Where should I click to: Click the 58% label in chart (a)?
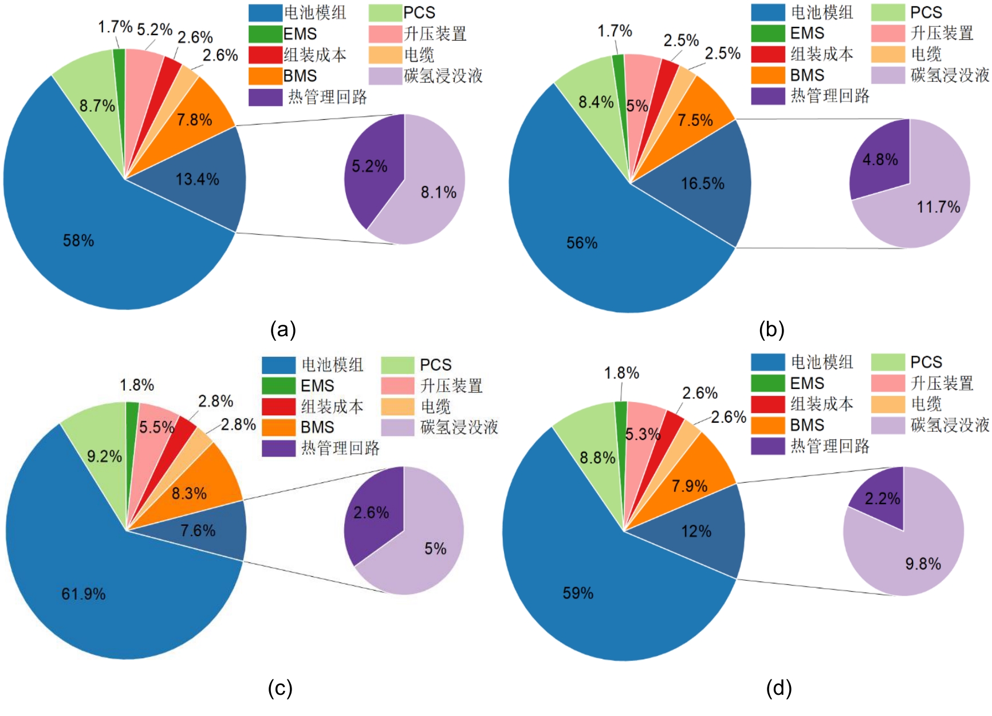click(78, 241)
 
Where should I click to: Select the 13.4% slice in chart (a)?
click(198, 179)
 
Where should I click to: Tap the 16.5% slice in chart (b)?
click(703, 183)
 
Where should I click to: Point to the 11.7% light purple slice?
click(938, 207)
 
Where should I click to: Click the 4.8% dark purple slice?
click(880, 160)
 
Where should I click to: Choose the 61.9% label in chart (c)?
click(84, 594)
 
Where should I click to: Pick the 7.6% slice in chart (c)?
click(198, 530)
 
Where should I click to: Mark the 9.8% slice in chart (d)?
click(923, 564)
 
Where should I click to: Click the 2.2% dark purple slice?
click(883, 499)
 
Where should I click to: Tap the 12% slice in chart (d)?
click(696, 532)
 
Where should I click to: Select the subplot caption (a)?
click(283, 330)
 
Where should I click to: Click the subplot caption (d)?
click(779, 688)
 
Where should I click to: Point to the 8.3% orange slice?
click(189, 493)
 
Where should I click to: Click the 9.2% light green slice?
click(104, 457)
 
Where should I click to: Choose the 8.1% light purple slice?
click(439, 192)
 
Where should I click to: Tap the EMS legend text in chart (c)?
click(317, 385)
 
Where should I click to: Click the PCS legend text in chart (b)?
click(926, 13)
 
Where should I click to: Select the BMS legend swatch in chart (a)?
click(265, 76)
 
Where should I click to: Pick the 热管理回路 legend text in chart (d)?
click(830, 446)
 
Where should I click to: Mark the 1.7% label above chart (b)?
click(615, 31)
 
